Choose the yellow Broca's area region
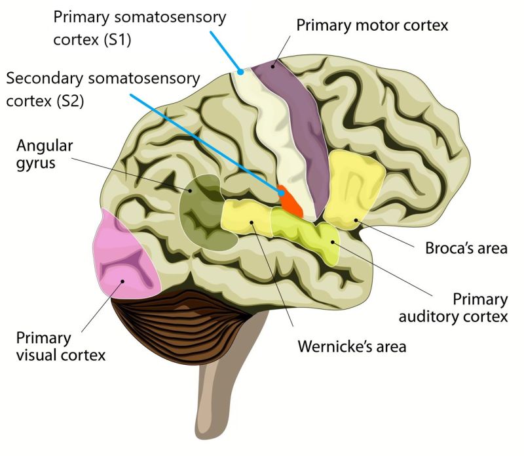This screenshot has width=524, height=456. coord(354,190)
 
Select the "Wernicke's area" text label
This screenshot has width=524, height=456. coord(352,346)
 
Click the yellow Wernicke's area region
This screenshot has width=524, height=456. coord(246,217)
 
